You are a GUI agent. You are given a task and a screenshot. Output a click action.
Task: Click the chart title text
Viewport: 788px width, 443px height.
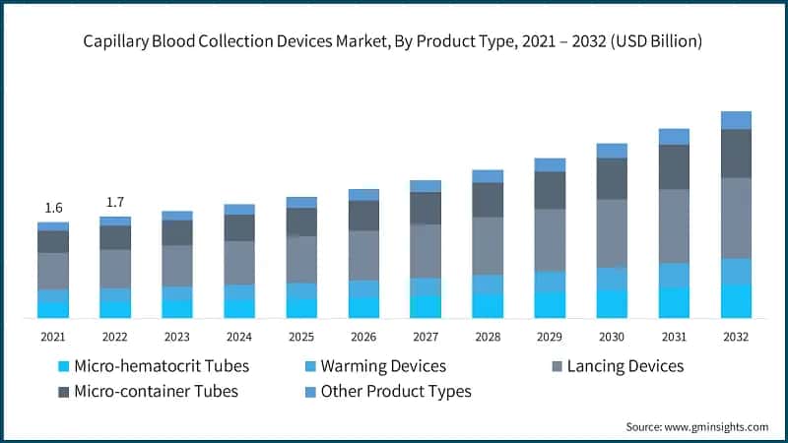click(x=394, y=41)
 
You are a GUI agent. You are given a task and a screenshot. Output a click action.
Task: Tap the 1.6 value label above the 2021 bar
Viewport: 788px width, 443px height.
click(x=53, y=208)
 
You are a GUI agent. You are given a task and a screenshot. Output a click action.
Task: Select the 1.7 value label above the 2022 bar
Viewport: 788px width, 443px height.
click(x=115, y=202)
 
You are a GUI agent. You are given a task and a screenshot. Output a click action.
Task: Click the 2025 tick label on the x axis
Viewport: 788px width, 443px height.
click(x=301, y=337)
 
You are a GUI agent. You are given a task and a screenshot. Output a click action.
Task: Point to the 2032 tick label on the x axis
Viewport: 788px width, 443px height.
click(x=736, y=337)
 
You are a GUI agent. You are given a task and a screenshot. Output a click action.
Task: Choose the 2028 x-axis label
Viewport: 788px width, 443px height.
click(x=488, y=337)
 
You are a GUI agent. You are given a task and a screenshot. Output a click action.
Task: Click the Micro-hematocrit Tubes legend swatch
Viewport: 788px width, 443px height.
click(x=64, y=366)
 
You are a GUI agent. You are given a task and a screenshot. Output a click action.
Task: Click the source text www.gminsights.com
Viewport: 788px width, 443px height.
click(x=696, y=426)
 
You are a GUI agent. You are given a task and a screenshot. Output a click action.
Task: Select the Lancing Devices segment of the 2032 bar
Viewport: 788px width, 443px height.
click(x=736, y=218)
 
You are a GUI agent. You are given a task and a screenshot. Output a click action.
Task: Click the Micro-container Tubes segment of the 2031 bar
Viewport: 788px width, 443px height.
click(x=674, y=166)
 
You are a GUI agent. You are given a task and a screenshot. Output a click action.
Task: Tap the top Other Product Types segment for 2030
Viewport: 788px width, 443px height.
click(x=612, y=151)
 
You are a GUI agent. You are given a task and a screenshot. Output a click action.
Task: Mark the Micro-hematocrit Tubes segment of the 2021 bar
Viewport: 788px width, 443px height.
click(x=53, y=310)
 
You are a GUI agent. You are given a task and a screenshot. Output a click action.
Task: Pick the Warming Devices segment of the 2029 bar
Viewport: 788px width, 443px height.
click(x=550, y=282)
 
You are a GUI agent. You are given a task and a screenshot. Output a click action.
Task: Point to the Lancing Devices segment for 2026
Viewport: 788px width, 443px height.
click(x=363, y=255)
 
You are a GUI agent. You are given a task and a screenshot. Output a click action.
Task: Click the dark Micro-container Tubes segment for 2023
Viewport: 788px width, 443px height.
click(x=177, y=232)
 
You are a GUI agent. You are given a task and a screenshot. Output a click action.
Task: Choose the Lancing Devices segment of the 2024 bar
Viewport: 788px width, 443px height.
click(x=239, y=263)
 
